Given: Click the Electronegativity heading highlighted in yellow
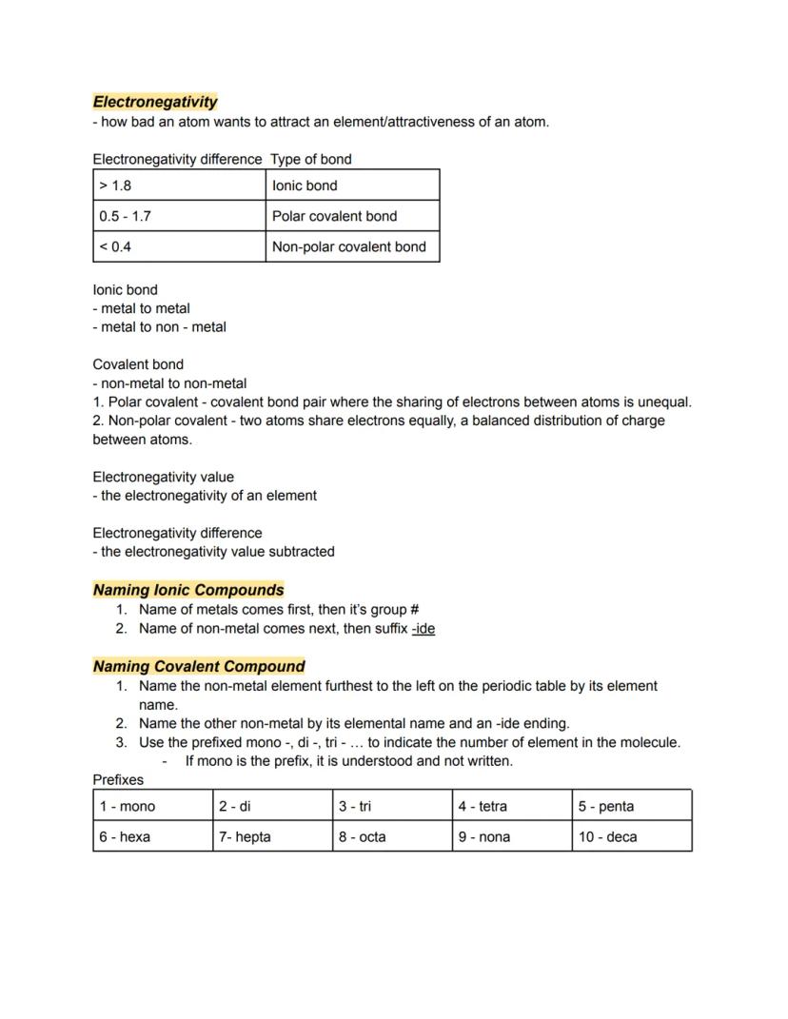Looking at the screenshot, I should click(155, 102).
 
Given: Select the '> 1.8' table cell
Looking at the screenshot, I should click(179, 186).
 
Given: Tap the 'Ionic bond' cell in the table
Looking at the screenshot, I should click(352, 186).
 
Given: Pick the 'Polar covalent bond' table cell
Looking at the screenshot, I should click(352, 216).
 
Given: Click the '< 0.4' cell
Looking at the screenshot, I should click(179, 246).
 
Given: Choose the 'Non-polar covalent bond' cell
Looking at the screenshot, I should click(352, 246).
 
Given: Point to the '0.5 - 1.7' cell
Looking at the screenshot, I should click(179, 216).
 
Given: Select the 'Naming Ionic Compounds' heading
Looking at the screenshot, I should click(188, 590).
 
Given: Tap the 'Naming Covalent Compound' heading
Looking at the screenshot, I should click(199, 666).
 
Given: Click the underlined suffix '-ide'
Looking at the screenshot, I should click(424, 629).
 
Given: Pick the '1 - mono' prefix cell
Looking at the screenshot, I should click(152, 806).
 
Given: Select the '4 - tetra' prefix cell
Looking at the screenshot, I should click(512, 806).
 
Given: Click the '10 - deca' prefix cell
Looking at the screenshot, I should click(632, 837).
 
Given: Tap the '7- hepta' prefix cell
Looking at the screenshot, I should click(272, 837).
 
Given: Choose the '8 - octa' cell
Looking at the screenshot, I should click(392, 837).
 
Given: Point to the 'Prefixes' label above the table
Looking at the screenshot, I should click(118, 780).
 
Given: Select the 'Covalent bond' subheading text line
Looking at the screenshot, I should click(138, 364).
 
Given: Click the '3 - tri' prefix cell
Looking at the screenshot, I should click(392, 806).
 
